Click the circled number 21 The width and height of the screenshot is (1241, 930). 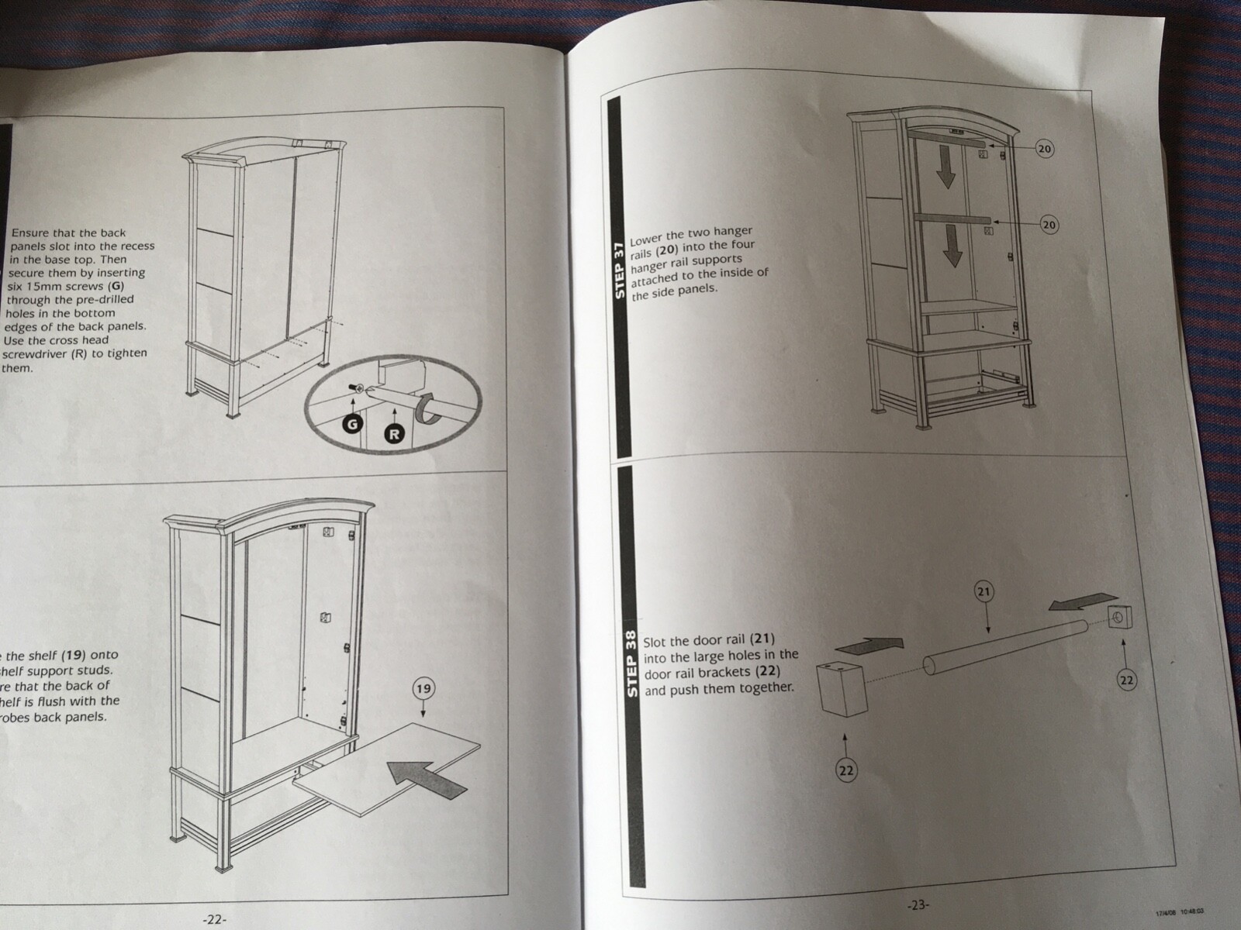[983, 593]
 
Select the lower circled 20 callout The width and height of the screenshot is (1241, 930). [1049, 225]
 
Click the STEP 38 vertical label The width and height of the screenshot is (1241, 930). [631, 663]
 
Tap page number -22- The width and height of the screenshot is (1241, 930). [214, 919]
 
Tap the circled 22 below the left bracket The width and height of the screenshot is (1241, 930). [846, 770]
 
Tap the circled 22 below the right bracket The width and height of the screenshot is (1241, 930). [1127, 680]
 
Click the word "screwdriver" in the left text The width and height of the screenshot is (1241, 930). [36, 354]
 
